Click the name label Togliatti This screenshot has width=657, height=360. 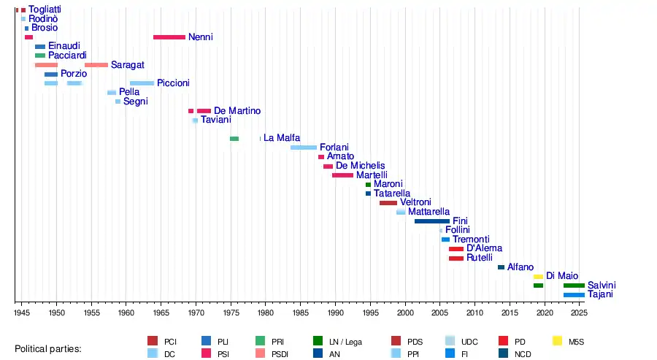point(45,9)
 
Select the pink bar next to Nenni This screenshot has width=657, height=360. point(169,37)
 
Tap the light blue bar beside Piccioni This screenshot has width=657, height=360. point(142,83)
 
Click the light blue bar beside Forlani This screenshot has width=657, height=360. point(304,148)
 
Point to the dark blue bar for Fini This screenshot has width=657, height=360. point(431,221)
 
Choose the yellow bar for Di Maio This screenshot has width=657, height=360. point(538,277)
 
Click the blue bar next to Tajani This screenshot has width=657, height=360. point(574,295)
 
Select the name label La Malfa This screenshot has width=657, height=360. point(280,138)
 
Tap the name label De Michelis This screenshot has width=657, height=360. point(360,166)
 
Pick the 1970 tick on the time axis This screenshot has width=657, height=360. point(196,302)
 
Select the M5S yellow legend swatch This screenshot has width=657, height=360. point(557,340)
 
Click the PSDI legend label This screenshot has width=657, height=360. point(280,353)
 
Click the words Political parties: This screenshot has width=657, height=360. point(47,348)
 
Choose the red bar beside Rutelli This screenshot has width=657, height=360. point(456,258)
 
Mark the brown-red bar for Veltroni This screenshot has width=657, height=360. point(388,203)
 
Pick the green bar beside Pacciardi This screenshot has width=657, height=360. point(40,55)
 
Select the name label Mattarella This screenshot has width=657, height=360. point(429,212)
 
